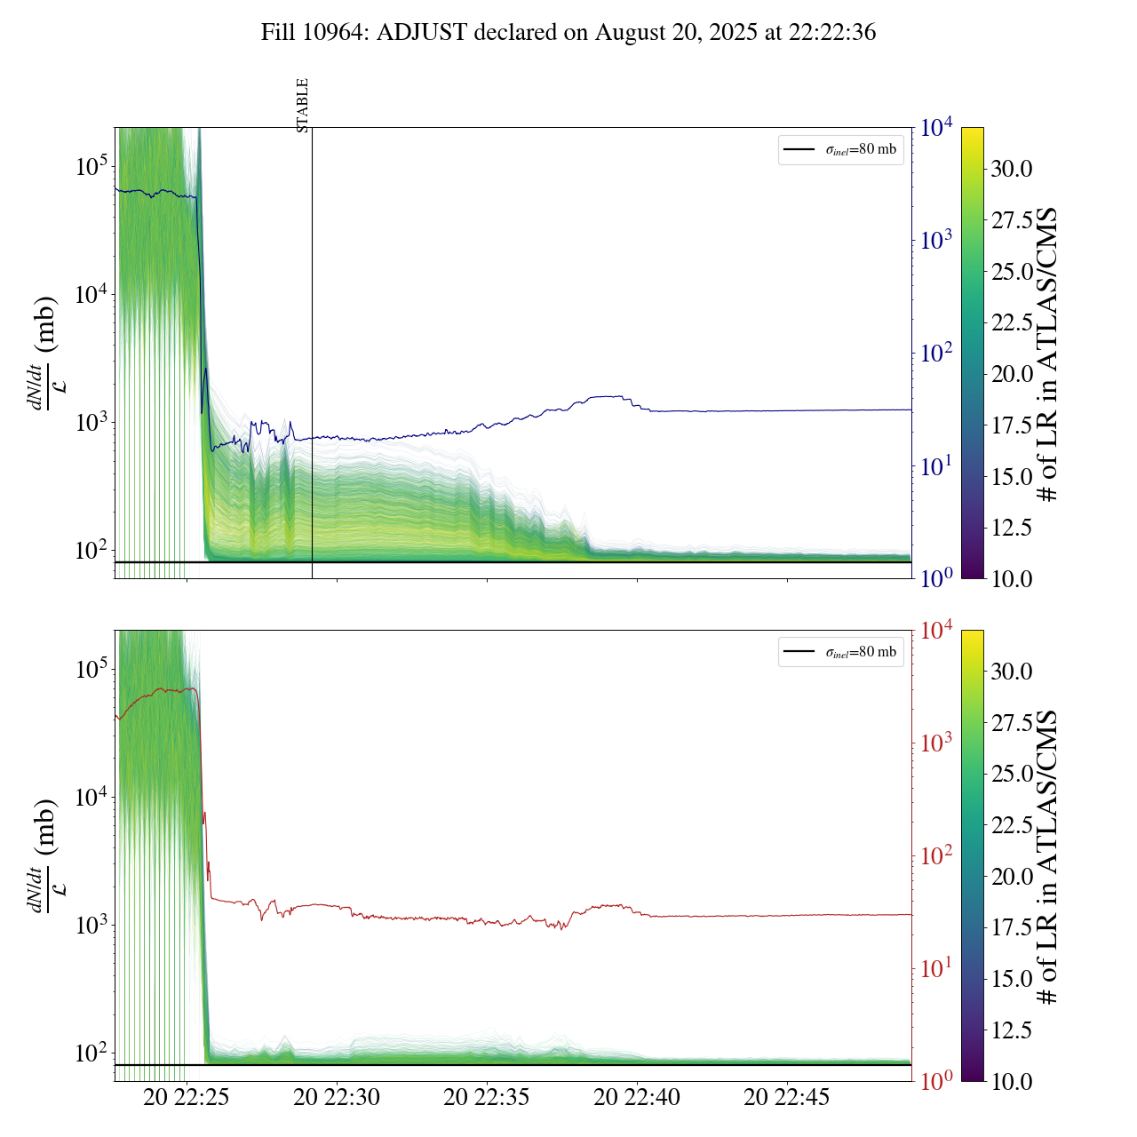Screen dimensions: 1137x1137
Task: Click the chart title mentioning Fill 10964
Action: point(568,33)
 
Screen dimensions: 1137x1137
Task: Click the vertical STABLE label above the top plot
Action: point(303,105)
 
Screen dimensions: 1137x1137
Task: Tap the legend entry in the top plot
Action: point(840,149)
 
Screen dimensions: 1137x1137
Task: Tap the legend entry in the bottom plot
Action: point(840,652)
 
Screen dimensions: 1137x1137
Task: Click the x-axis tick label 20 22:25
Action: point(187,1097)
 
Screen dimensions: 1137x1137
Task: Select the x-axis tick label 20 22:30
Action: point(337,1097)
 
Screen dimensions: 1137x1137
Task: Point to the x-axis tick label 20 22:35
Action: point(487,1097)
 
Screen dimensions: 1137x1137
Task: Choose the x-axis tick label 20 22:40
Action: point(637,1097)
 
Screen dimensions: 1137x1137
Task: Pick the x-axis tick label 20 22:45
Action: point(787,1097)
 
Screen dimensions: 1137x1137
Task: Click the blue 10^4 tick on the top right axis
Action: point(936,128)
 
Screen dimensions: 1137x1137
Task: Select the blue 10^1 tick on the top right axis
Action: point(936,465)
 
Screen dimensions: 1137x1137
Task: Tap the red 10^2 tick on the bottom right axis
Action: point(936,855)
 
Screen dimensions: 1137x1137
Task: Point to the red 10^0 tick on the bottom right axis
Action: point(936,1080)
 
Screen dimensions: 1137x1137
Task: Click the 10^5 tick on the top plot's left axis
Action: point(91,166)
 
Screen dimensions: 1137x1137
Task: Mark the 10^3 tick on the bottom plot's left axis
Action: point(91,925)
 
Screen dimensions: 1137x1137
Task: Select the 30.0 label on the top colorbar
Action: point(1012,169)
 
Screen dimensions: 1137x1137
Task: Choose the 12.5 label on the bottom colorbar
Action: point(1012,1030)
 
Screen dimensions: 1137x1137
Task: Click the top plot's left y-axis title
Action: point(44,354)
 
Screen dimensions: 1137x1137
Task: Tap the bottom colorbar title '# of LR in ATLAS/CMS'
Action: point(1048,856)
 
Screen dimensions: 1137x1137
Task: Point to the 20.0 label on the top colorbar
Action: point(1012,374)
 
